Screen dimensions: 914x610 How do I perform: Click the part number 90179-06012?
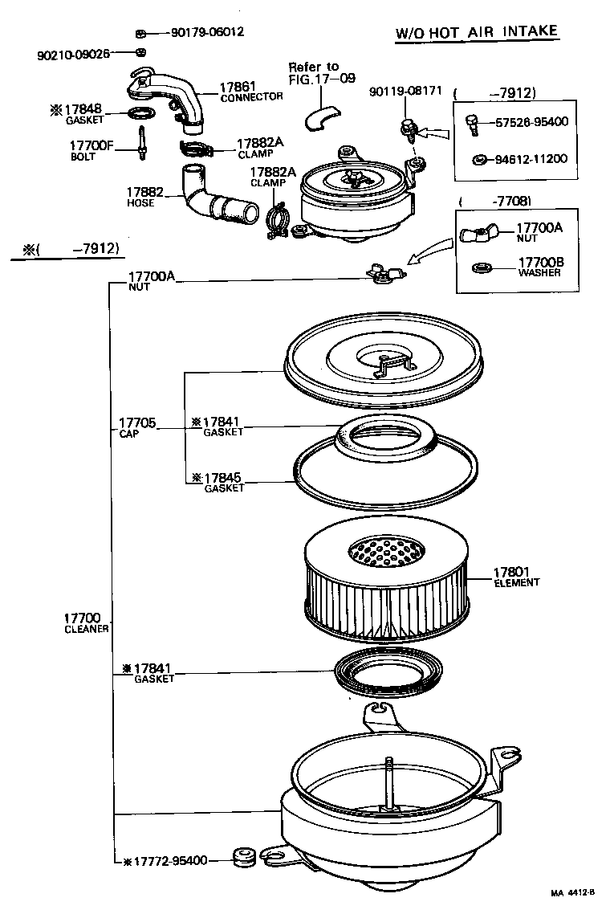pyautogui.click(x=207, y=32)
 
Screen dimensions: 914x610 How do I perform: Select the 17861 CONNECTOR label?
pyautogui.click(x=250, y=91)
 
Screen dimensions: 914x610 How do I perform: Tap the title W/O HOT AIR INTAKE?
pyautogui.click(x=477, y=32)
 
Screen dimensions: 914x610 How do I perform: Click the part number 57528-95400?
pyautogui.click(x=531, y=122)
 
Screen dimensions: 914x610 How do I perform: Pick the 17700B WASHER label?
pyautogui.click(x=539, y=267)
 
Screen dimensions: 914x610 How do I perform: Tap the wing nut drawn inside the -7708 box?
pyautogui.click(x=479, y=234)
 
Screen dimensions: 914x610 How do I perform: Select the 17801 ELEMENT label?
pyautogui.click(x=516, y=577)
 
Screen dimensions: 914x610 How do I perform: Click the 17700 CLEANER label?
pyautogui.click(x=86, y=622)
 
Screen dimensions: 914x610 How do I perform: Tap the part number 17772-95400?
pyautogui.click(x=169, y=861)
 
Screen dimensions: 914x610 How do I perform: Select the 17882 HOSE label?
pyautogui.click(x=144, y=197)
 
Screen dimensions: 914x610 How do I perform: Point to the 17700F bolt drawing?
pyautogui.click(x=142, y=142)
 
